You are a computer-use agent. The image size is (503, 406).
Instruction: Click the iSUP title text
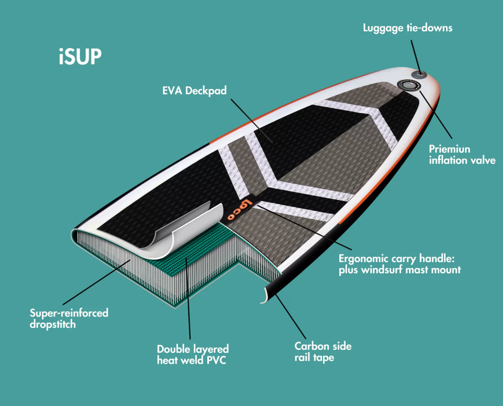coord(80,56)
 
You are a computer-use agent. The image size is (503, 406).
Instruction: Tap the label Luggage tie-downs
coord(408,28)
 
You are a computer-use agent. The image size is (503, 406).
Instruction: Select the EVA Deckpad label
coord(194,90)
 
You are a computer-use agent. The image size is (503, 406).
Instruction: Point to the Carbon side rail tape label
coord(323,352)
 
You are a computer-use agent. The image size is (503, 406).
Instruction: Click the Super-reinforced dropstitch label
coord(69,318)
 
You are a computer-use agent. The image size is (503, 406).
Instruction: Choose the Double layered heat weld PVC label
coord(192,354)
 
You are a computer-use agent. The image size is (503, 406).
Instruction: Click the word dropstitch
coord(53,324)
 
